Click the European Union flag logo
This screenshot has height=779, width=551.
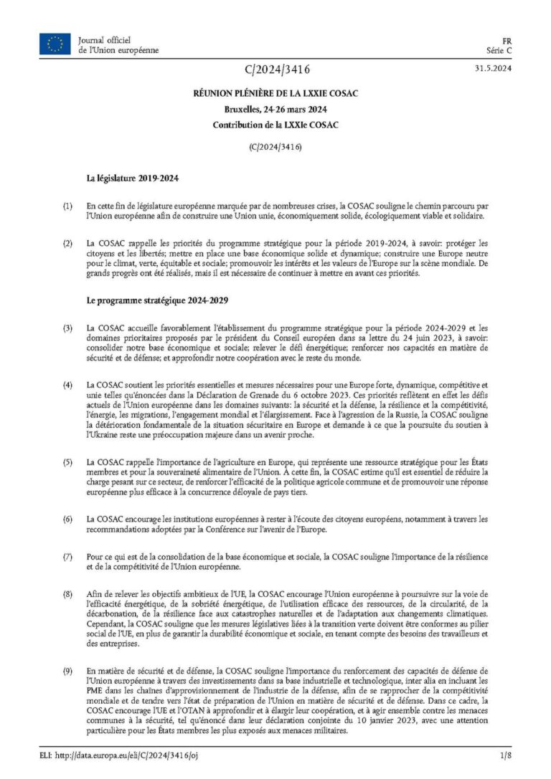click(55, 44)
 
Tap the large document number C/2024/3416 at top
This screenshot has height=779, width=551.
click(276, 70)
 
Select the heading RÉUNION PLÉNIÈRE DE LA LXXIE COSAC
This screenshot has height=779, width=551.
click(275, 94)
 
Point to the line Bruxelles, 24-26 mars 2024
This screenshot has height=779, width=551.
click(275, 109)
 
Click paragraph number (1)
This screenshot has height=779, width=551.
click(67, 206)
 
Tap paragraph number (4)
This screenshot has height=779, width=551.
click(67, 386)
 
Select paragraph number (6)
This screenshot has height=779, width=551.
click(67, 517)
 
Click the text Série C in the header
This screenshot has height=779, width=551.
click(498, 50)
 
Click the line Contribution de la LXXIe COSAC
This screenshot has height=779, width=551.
click(275, 124)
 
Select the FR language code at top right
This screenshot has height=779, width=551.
click(506, 40)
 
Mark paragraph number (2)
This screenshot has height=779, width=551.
click(67, 244)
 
